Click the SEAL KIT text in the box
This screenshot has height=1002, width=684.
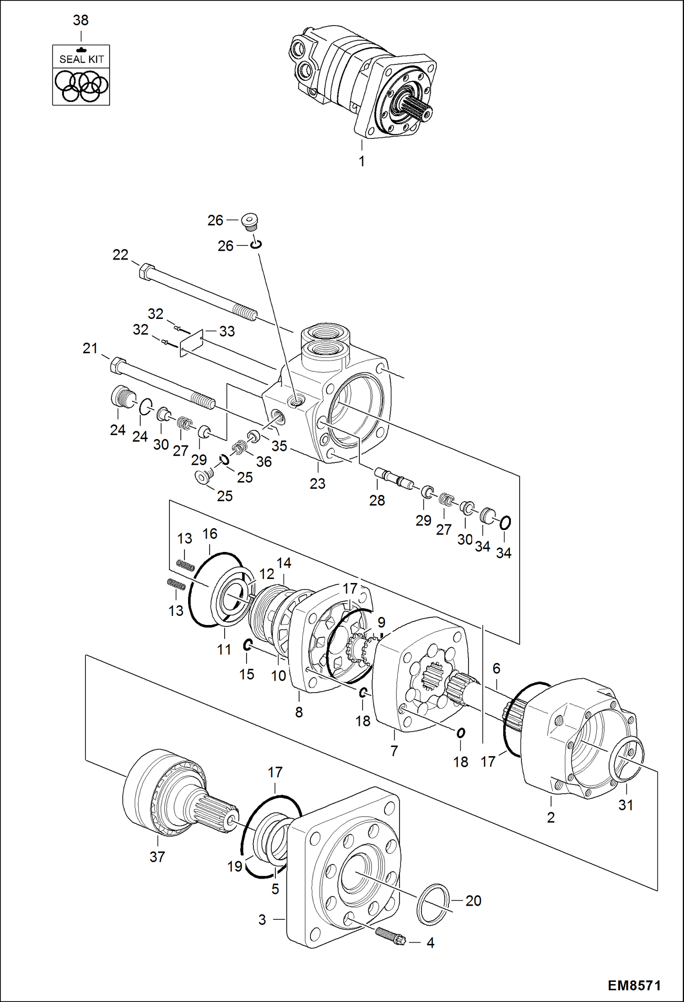81,59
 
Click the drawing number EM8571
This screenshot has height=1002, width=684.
634,986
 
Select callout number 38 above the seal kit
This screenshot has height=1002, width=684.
81,21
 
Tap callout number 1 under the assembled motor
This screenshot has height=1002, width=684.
362,161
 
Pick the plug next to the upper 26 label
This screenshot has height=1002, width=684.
250,221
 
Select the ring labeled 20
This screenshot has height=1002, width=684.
433,904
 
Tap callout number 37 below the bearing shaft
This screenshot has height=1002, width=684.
157,857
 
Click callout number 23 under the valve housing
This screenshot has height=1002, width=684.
317,483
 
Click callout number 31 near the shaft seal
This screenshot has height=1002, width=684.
626,805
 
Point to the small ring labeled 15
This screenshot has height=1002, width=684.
247,645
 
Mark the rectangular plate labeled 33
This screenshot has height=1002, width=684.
191,343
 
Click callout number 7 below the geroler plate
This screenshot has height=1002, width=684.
394,751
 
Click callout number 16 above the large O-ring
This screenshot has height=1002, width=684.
210,534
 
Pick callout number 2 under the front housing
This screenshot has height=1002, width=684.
551,817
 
